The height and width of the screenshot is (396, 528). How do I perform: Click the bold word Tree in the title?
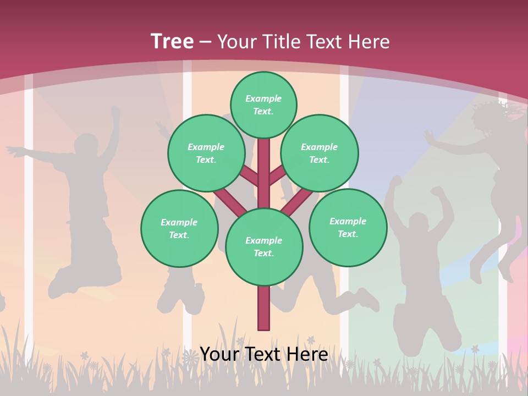pos(172,41)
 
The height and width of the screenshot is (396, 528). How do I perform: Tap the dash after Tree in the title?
pos(206,42)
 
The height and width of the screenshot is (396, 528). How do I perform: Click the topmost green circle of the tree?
pos(263,105)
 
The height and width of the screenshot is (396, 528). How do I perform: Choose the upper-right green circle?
pos(320,153)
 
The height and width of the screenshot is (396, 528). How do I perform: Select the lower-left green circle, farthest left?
pos(179,228)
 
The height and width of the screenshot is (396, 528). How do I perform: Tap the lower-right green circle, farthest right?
pos(348,227)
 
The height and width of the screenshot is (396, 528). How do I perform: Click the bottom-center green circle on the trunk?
pos(264,246)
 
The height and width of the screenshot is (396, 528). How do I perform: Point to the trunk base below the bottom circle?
pos(264,308)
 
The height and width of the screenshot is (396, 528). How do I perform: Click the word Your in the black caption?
pos(220,354)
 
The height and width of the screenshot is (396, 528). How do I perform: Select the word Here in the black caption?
pos(307,354)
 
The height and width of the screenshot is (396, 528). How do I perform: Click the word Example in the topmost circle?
pos(263,98)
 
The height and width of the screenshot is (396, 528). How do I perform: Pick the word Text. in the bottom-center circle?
pos(263,253)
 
